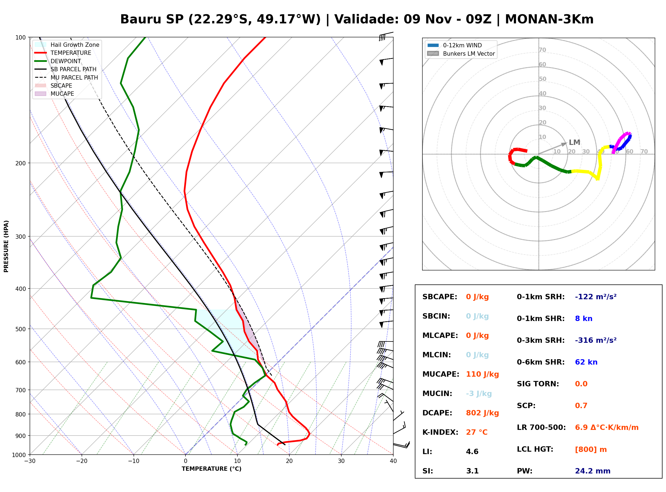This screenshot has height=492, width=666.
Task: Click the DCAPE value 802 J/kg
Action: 482,413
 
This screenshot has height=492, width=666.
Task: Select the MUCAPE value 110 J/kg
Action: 482,374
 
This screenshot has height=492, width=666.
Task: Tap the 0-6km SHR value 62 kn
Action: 586,362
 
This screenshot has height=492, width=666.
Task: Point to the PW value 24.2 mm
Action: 593,471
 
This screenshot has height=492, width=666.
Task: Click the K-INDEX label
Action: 440,432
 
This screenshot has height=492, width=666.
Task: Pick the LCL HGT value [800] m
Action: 591,450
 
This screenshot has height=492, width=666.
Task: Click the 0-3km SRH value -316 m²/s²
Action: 596,340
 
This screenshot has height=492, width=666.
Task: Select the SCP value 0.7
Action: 581,406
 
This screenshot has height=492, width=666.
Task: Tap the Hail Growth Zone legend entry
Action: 67,45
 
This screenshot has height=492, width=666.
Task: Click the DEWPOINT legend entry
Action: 58,61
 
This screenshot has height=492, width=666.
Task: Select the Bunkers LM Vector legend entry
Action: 461,54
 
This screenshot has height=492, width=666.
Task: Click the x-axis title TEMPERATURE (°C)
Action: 212,469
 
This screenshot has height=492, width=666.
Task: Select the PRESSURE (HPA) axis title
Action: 6,246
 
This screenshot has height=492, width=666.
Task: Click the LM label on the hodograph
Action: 574,142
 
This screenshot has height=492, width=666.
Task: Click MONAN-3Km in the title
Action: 549,19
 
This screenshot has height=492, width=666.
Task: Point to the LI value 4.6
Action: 472,452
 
